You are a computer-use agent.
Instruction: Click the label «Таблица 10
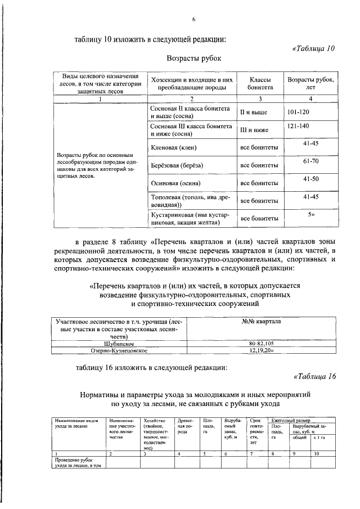(x=313, y=48)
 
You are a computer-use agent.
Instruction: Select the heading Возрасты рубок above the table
(x=194, y=58)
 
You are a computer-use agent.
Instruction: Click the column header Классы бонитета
(x=259, y=84)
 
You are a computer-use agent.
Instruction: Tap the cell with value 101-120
(x=298, y=112)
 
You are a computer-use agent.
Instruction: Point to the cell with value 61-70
(x=310, y=161)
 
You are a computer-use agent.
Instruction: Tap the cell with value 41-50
(x=310, y=179)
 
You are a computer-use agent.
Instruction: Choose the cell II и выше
(x=254, y=112)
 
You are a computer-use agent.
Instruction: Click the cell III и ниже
(x=254, y=130)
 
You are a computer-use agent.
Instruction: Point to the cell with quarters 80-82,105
(x=261, y=343)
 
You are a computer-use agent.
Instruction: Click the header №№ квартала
(x=261, y=321)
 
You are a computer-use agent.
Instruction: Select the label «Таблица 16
(x=313, y=377)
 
